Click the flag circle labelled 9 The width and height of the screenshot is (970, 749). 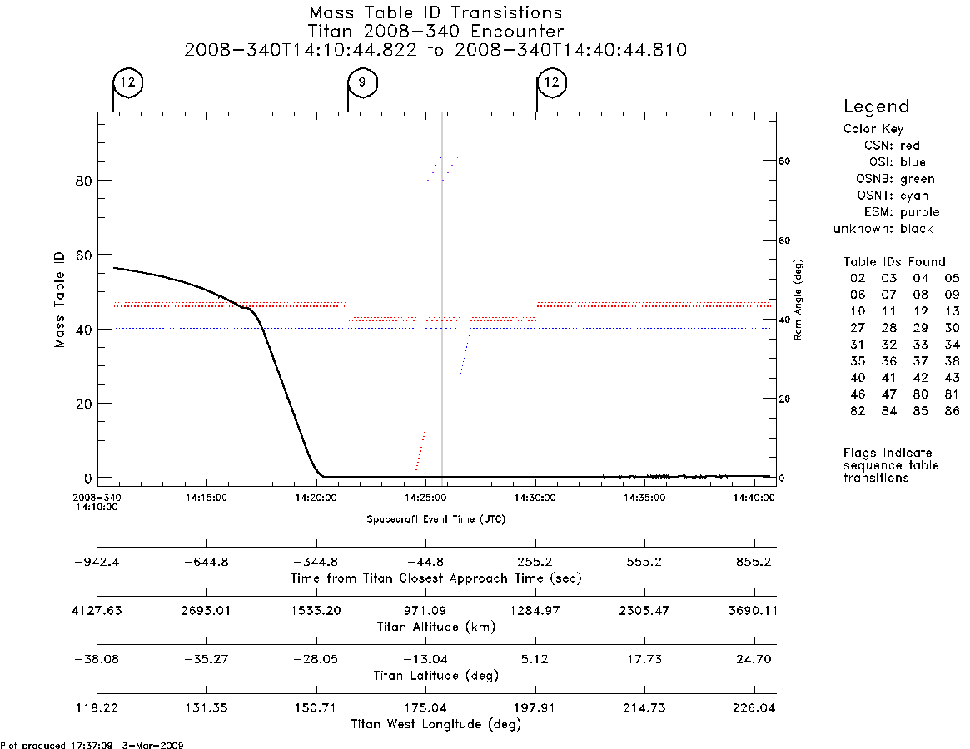click(x=362, y=82)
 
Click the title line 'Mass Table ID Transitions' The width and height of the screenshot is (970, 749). click(x=435, y=13)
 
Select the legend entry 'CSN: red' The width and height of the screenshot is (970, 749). click(x=892, y=146)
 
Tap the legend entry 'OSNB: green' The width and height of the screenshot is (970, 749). click(x=895, y=179)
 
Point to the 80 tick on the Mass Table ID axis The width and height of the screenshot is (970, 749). click(x=84, y=181)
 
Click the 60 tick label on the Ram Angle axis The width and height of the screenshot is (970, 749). click(x=784, y=241)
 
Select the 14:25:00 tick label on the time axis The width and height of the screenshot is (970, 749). click(x=425, y=498)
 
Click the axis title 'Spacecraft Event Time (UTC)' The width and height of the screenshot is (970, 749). click(x=436, y=519)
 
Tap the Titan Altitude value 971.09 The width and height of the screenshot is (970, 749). click(x=425, y=611)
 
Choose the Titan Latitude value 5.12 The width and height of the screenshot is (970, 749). click(x=535, y=659)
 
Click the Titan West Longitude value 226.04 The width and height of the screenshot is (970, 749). click(x=754, y=708)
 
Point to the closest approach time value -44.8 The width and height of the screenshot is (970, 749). click(x=425, y=563)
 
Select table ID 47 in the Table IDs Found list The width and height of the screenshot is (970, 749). click(x=889, y=394)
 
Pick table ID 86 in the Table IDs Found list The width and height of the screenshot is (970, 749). click(x=952, y=410)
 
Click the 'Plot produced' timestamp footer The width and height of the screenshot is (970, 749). click(x=92, y=745)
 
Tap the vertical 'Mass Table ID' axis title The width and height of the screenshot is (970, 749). click(x=59, y=300)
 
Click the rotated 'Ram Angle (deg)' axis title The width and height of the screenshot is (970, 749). click(x=798, y=300)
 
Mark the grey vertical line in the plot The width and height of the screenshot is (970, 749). click(x=441, y=295)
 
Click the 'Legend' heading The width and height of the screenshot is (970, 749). click(x=876, y=107)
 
